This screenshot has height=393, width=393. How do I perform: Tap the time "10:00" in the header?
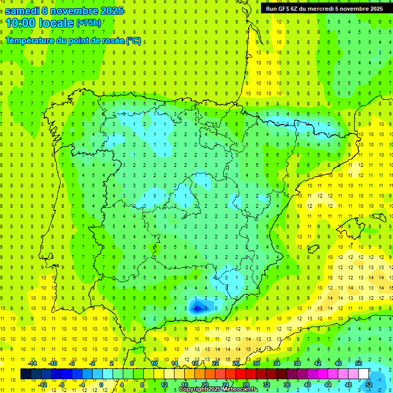coord(20,23)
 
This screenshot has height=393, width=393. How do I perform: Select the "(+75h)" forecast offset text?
coord(89,23)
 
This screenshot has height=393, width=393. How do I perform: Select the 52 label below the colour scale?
coord(369,385)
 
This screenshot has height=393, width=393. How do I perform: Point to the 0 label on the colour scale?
coord(101,385)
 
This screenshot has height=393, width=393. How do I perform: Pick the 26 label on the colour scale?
coord(236,363)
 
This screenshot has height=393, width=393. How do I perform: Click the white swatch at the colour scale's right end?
coord(364,374)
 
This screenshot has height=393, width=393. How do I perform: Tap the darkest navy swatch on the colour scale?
coord(26,374)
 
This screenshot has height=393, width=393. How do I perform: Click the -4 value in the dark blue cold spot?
coord(196,308)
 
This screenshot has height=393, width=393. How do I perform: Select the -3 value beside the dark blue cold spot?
coord(206,308)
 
